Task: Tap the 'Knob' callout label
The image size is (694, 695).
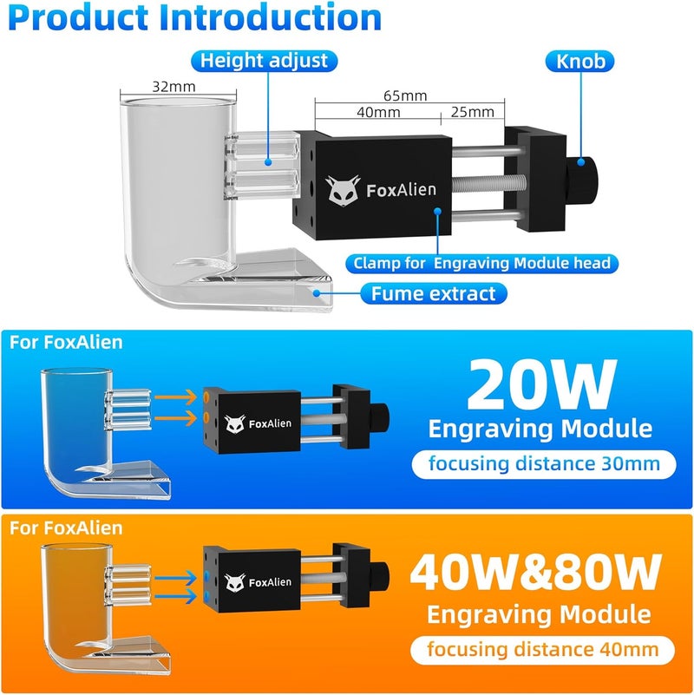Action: pyautogui.click(x=581, y=61)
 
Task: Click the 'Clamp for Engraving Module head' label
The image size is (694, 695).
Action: pyautogui.click(x=481, y=263)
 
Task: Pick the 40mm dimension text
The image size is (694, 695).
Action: pyautogui.click(x=378, y=112)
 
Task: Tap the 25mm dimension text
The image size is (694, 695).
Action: pyautogui.click(x=473, y=112)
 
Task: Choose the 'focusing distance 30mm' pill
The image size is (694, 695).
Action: pyautogui.click(x=542, y=463)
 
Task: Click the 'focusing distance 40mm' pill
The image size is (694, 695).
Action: pyautogui.click(x=542, y=649)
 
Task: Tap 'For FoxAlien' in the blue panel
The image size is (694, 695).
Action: pyautogui.click(x=67, y=342)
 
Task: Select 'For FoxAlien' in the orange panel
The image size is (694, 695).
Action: pyautogui.click(x=67, y=528)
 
